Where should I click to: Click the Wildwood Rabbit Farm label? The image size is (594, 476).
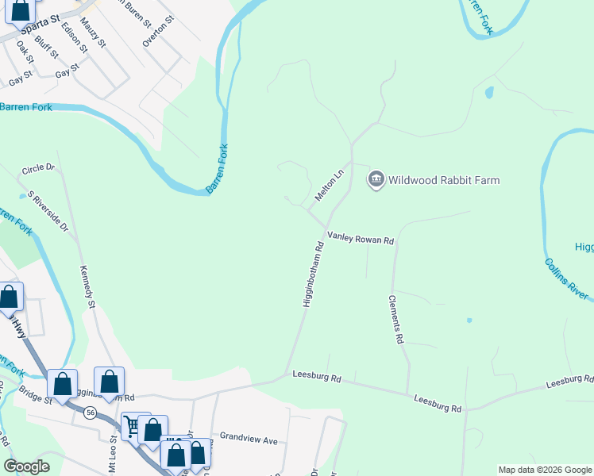click(x=444, y=180)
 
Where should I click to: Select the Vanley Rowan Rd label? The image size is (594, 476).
click(x=361, y=239)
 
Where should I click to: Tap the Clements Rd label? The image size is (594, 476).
click(x=395, y=320)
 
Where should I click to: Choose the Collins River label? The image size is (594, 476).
click(x=567, y=279)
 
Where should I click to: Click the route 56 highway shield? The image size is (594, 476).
click(x=91, y=413)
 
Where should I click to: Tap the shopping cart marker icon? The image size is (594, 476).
click(x=133, y=427)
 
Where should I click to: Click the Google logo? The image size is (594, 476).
click(x=26, y=466)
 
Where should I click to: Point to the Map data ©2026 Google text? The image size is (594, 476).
click(x=544, y=470)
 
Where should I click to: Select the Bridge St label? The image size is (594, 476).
click(x=35, y=394)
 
